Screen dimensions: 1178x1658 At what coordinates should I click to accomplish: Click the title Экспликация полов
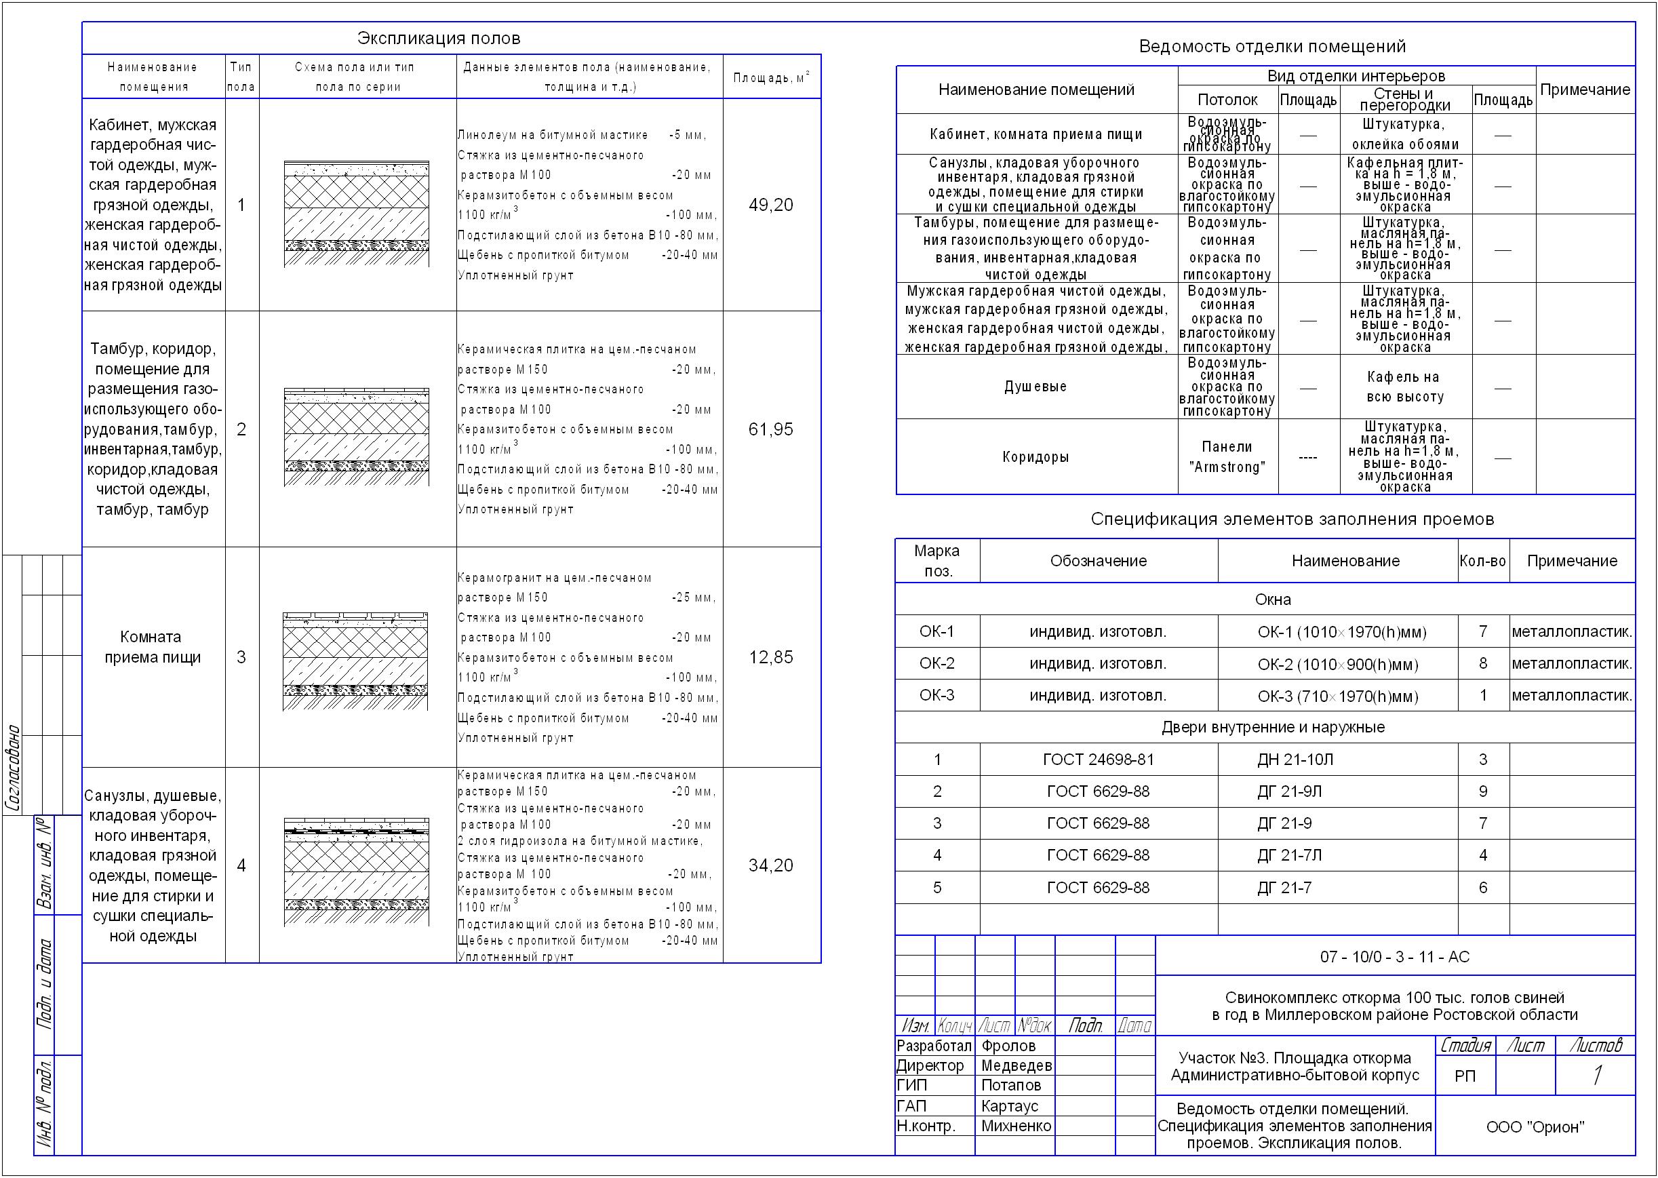438,39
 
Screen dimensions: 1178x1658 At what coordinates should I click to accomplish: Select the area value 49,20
770,205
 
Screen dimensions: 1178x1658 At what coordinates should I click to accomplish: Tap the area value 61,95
770,429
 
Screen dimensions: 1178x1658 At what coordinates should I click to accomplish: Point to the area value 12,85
770,657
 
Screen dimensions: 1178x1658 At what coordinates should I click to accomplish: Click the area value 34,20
770,865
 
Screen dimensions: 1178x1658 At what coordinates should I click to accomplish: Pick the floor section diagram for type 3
355,661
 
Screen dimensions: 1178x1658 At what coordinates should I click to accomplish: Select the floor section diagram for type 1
356,213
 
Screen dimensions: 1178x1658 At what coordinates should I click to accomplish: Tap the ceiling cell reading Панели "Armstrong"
1227,457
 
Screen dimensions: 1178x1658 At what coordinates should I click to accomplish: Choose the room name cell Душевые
1035,387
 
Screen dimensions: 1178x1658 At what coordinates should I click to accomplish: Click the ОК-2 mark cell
936,664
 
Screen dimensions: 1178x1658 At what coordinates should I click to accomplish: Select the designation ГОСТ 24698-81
1098,760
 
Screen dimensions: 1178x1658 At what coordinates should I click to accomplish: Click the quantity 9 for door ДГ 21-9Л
1482,791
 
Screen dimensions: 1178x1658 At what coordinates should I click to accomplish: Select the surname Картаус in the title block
1010,1106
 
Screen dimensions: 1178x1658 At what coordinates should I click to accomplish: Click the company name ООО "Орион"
1535,1127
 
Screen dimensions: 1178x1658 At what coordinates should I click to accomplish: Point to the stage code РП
1464,1076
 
